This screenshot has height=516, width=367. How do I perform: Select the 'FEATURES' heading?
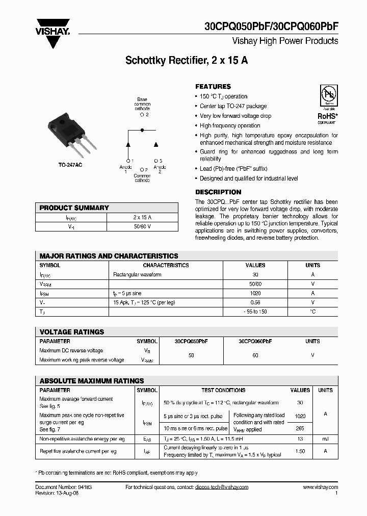click(213, 87)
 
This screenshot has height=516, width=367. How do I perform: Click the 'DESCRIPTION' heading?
click(218, 192)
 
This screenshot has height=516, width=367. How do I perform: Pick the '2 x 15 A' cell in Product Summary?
click(142, 217)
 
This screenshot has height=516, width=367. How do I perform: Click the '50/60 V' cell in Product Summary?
click(142, 226)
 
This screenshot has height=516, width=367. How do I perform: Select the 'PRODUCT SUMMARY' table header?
click(74, 208)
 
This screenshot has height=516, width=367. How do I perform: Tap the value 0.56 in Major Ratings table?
click(255, 302)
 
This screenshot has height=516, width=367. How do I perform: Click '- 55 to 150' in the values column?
click(255, 312)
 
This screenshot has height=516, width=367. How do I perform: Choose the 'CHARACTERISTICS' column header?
click(166, 265)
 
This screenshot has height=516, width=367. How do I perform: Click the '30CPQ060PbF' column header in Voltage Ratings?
click(255, 341)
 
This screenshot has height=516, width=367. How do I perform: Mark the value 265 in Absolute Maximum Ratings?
click(300, 429)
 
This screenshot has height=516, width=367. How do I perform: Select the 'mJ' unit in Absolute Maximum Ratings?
click(325, 438)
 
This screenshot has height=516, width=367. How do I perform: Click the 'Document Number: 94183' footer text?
click(64, 487)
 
